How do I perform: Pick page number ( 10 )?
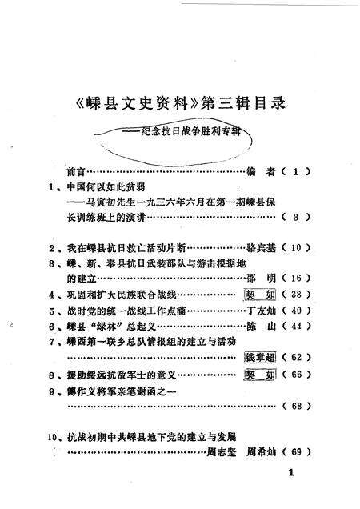coord(295,247)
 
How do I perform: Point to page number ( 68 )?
coord(295,406)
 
